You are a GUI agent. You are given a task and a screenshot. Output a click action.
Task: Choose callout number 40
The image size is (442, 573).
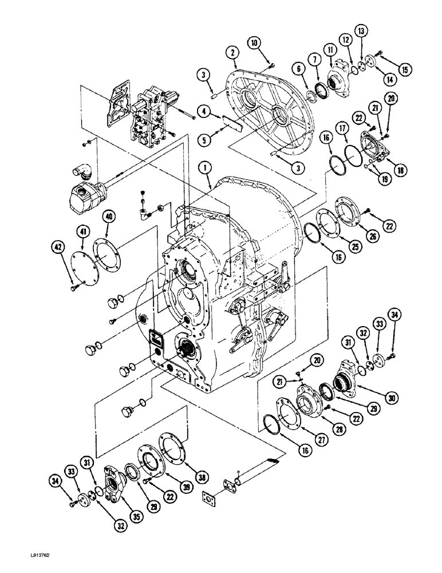pos(109,216)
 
